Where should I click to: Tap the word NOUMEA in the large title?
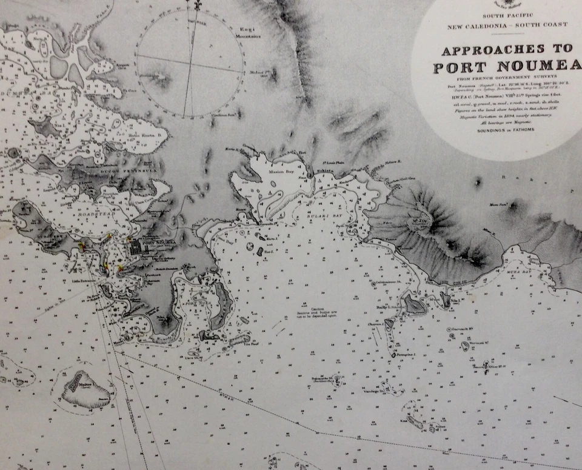click(533, 67)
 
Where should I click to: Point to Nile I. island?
click(446, 299)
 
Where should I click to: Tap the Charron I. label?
click(376, 324)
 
